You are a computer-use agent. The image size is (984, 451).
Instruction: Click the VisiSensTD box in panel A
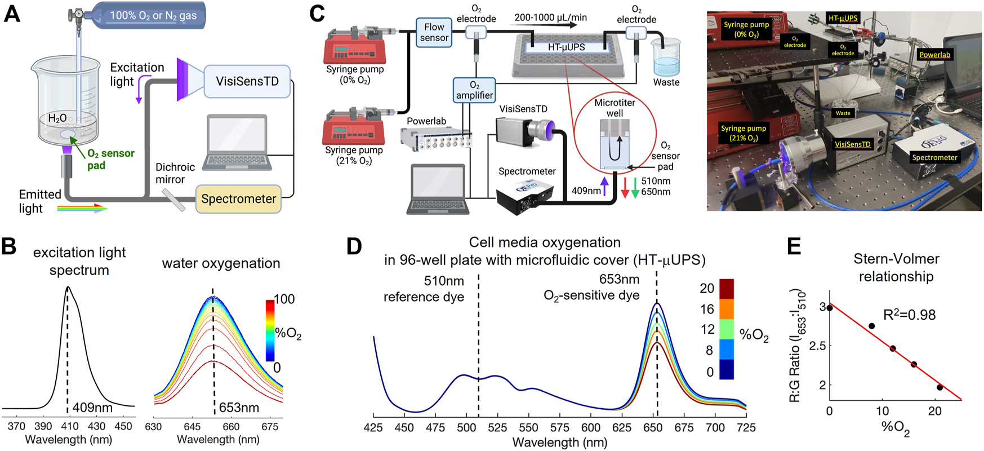[x=247, y=81]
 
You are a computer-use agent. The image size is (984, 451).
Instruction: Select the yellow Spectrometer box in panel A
[x=238, y=199]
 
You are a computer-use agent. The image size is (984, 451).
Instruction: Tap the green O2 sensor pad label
[x=110, y=159]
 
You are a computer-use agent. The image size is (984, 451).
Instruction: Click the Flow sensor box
[x=434, y=32]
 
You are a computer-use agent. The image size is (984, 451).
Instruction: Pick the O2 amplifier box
[x=474, y=90]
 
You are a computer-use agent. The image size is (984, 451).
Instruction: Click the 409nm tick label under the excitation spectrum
[x=92, y=407]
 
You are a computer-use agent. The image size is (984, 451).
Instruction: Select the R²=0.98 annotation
[x=909, y=315]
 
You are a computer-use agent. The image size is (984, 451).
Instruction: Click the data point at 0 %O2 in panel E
[x=830, y=308]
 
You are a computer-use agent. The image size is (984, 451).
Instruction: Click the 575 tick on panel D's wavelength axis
[x=559, y=428]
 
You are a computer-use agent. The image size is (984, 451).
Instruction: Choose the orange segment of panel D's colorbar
[x=727, y=308]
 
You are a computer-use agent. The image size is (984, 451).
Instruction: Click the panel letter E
[x=794, y=247]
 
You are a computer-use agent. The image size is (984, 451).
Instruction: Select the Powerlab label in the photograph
[x=934, y=55]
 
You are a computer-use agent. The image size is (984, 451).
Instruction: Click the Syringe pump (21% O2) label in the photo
[x=743, y=133]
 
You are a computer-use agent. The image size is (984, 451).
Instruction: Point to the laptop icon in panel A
[x=237, y=143]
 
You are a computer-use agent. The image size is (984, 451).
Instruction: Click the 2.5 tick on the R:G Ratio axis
[x=816, y=346]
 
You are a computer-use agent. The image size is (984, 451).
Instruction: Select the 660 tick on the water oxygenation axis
[x=231, y=427]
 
